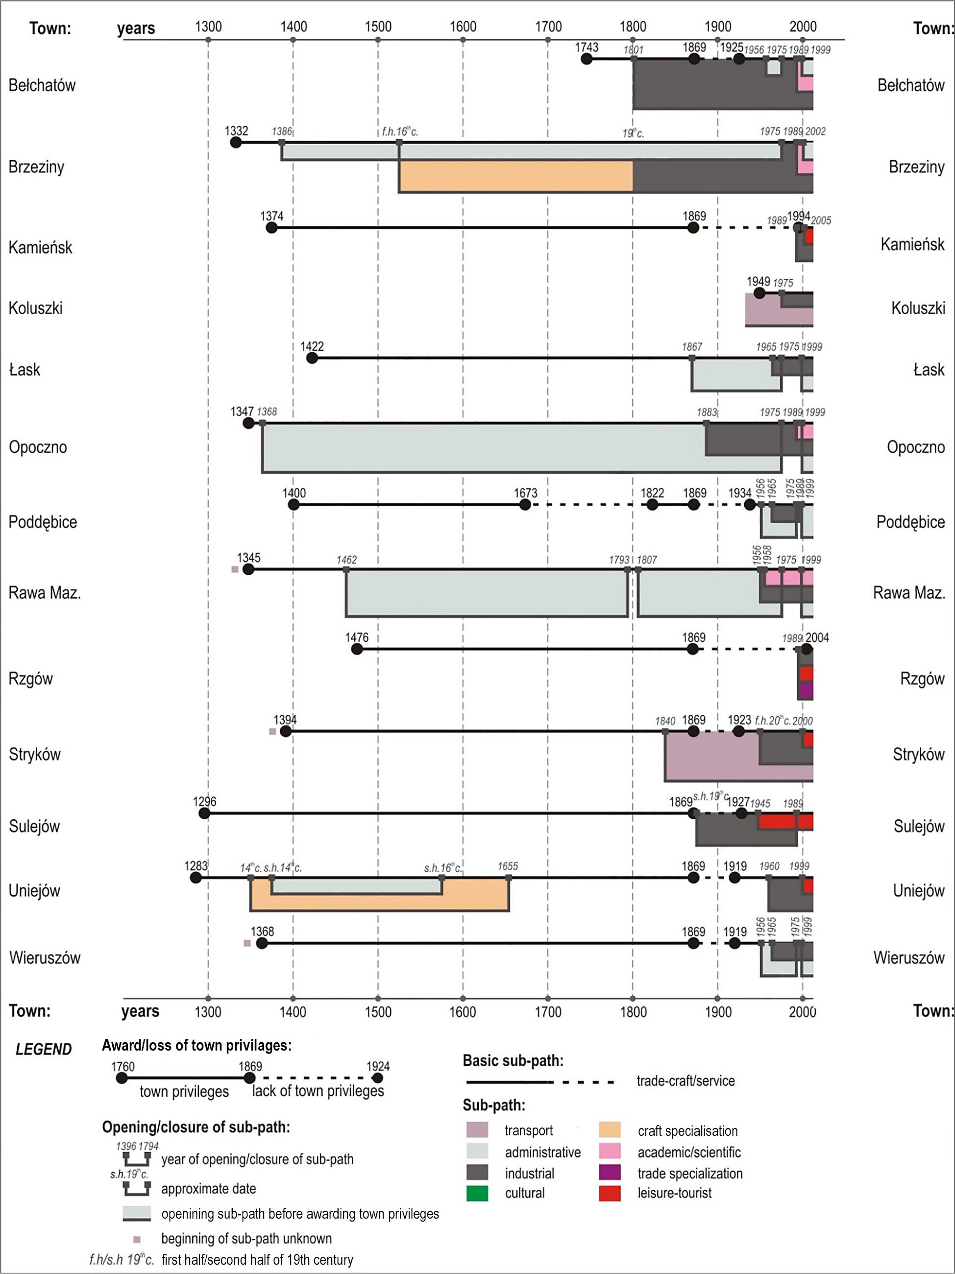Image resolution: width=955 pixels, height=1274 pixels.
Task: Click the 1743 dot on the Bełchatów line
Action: click(x=587, y=59)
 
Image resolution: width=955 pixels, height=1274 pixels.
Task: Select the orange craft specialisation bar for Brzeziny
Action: click(x=515, y=176)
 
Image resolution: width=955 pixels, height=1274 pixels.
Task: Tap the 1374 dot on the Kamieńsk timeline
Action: click(x=271, y=227)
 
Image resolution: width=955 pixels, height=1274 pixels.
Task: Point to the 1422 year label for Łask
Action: click(x=312, y=346)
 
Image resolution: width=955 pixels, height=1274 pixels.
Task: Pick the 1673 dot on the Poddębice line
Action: click(x=525, y=505)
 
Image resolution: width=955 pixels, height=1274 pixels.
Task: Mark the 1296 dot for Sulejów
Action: click(x=204, y=813)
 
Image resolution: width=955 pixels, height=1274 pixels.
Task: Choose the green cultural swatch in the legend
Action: click(x=477, y=1193)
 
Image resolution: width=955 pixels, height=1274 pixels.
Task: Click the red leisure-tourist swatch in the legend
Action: click(x=610, y=1193)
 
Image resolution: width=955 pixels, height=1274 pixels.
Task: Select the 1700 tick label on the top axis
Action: click(x=548, y=26)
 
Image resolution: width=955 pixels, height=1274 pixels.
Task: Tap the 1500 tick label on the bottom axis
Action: click(x=378, y=1012)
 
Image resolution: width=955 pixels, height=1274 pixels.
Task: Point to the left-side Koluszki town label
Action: click(x=35, y=308)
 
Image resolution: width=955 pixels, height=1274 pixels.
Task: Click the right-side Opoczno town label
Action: click(x=915, y=447)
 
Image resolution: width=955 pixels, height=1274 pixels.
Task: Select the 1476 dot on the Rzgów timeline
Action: click(x=357, y=649)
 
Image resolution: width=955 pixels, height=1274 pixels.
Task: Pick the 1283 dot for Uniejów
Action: click(x=196, y=878)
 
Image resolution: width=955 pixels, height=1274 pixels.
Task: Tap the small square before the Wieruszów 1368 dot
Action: click(x=247, y=943)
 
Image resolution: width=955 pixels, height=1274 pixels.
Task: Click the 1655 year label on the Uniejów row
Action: click(x=508, y=866)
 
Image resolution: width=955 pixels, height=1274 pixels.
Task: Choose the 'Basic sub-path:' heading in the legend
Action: click(x=513, y=1060)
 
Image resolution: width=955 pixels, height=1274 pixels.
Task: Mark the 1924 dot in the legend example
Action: click(x=378, y=1078)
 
